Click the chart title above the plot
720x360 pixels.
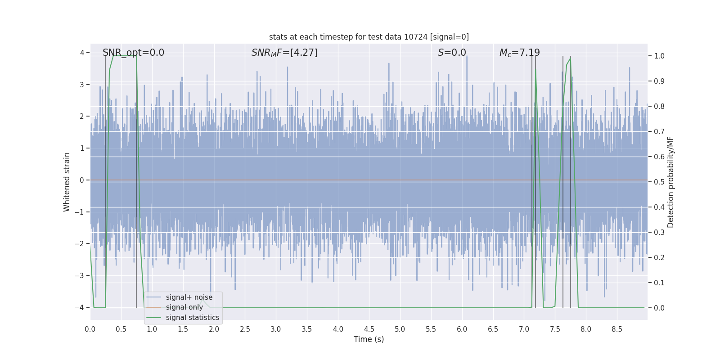tap(369, 37)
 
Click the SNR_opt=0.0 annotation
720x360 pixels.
tap(133, 53)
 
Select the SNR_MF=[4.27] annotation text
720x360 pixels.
tap(284, 53)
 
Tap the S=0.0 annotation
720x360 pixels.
tap(452, 53)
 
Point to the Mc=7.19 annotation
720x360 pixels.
tap(519, 53)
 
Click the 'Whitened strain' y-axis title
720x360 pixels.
tap(67, 182)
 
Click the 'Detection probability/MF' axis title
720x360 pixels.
tap(670, 182)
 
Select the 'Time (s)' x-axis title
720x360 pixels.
tap(369, 339)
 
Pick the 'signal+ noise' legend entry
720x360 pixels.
tap(189, 297)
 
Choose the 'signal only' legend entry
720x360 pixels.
tap(184, 307)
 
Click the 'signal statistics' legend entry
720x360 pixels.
tap(192, 318)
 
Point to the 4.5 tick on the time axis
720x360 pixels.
tap(369, 329)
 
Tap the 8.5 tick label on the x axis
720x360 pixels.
tap(616, 329)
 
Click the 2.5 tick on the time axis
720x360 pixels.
tap(245, 329)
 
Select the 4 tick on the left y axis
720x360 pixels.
tap(82, 53)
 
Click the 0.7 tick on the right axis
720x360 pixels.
tap(659, 132)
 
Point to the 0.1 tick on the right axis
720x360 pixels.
tap(659, 283)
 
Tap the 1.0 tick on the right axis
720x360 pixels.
tap(659, 56)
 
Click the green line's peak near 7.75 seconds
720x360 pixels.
tap(571, 57)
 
